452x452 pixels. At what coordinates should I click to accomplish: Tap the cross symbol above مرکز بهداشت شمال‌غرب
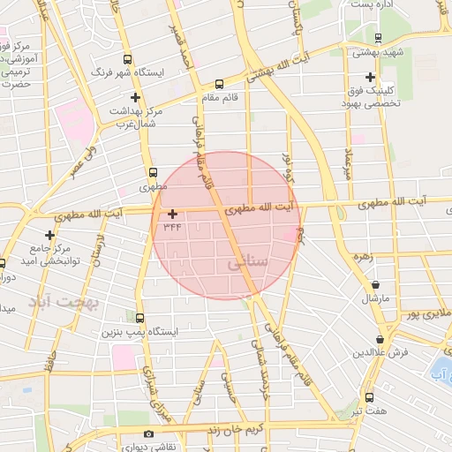[x=135, y=97]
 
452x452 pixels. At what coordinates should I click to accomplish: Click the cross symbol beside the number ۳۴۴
[x=172, y=213]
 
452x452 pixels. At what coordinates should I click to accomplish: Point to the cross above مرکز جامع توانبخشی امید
[x=50, y=235]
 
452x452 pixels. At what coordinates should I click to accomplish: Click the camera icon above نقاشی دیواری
[x=147, y=433]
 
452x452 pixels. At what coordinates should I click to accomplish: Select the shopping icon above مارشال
[x=378, y=284]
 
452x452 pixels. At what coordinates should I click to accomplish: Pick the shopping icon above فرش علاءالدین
[x=380, y=339]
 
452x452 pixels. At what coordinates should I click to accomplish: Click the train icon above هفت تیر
[x=369, y=397]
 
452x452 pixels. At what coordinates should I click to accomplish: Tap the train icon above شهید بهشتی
[x=379, y=38]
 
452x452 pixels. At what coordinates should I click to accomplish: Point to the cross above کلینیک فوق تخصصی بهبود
[x=369, y=77]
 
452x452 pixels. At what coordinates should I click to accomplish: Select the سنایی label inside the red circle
[x=244, y=263]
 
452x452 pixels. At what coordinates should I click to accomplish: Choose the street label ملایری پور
[x=426, y=313]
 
